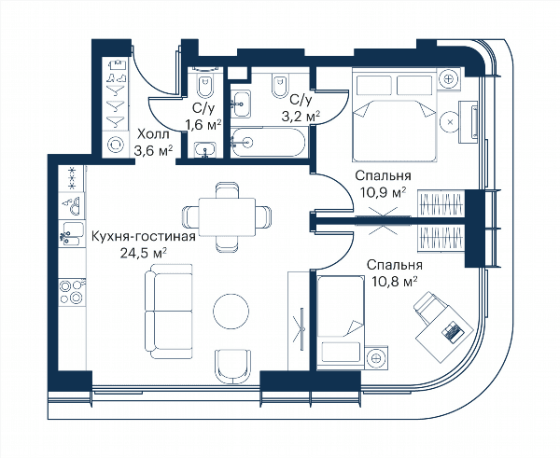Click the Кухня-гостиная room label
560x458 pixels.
tap(144, 237)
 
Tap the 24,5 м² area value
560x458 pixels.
tap(144, 253)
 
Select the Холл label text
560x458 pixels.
tap(154, 135)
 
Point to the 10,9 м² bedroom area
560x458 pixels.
tap(384, 193)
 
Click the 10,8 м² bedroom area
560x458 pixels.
tap(395, 282)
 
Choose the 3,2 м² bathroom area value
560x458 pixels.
tap(301, 116)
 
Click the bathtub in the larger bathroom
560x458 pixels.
tap(268, 142)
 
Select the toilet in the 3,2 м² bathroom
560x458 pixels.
tap(280, 85)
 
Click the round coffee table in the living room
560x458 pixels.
tap(231, 311)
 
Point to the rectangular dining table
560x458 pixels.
tap(227, 217)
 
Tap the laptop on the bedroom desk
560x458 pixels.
tap(453, 331)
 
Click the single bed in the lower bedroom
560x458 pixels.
tap(341, 320)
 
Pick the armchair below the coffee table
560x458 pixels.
tap(232, 367)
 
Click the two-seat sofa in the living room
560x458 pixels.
tap(169, 312)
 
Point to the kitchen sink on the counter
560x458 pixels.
tap(72, 233)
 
